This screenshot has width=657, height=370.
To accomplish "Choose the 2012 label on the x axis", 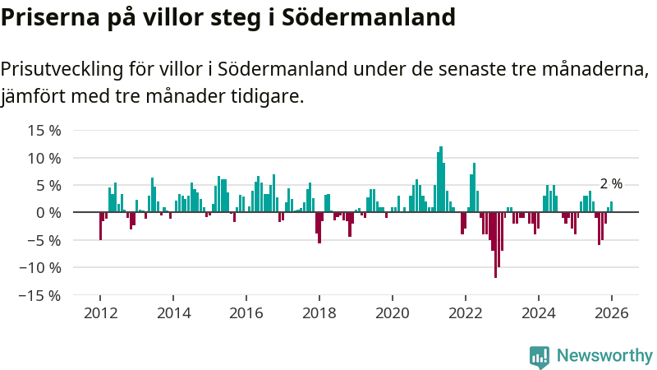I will point(100,313).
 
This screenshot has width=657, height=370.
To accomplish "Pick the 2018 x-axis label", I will point(319,313).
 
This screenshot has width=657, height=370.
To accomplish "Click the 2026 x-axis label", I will point(612,313).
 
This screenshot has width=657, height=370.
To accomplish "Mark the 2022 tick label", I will point(466,313).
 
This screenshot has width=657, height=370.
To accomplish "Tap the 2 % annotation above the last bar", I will point(611,184).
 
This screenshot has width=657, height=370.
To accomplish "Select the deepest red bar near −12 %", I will point(495,245).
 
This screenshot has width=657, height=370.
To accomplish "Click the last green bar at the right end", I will point(611,206).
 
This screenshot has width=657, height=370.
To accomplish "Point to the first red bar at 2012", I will point(100,226).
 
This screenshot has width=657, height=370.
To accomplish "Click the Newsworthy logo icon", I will point(540,356).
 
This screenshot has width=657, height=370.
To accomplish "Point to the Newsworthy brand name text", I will point(604,356).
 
